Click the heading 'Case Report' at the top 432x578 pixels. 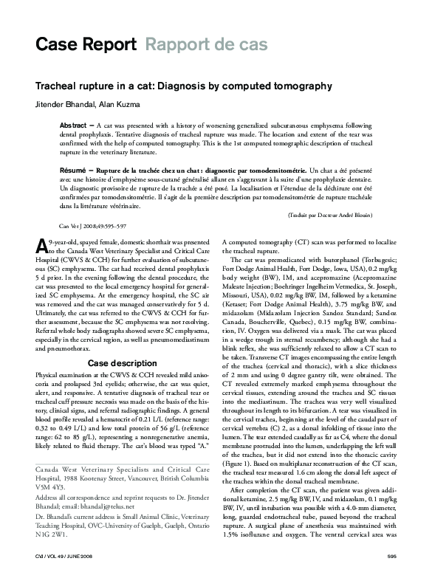[x=85, y=46]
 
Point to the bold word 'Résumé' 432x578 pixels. [x=75, y=170]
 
